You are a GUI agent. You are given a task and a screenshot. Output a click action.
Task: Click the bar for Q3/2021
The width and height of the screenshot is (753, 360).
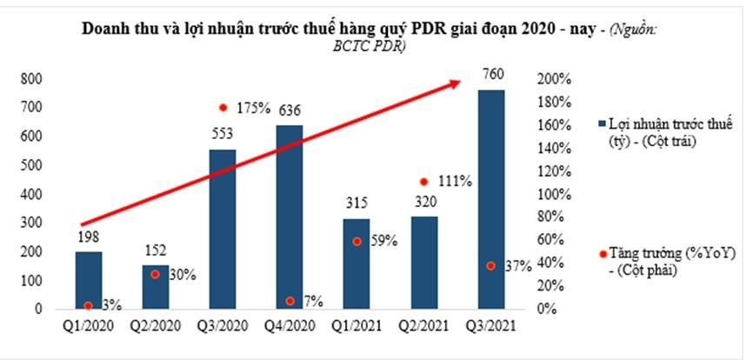[x=492, y=199]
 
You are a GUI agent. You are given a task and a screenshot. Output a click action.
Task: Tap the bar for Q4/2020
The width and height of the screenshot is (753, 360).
[x=290, y=217]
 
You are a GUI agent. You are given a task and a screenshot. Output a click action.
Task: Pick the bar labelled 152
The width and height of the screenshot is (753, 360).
[x=155, y=287]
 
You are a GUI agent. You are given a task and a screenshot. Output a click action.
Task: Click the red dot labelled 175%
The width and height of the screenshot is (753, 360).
[x=223, y=108]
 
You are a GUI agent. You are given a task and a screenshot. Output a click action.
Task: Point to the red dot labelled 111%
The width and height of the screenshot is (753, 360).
[x=423, y=182]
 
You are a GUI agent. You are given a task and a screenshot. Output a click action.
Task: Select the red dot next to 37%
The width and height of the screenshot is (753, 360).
[x=491, y=265]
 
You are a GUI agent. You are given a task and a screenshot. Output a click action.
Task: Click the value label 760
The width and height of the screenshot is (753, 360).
[x=492, y=74]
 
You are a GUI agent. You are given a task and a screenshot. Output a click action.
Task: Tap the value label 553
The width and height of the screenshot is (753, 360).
[x=223, y=138]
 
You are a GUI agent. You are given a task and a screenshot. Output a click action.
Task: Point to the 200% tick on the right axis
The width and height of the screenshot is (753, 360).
[x=552, y=78]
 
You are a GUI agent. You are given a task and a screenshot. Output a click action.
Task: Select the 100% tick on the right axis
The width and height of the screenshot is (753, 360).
[x=552, y=194]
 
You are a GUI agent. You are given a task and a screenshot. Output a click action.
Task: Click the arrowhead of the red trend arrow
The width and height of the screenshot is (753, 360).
[x=456, y=82]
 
